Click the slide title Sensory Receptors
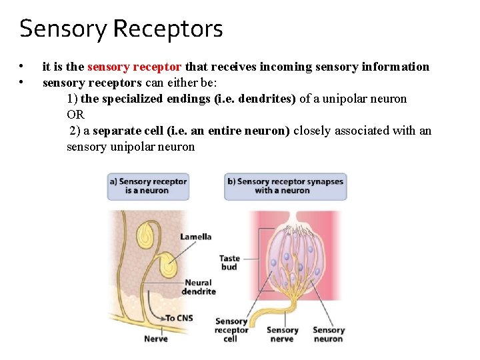[121, 29]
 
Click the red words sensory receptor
[134, 67]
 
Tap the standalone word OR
[75, 115]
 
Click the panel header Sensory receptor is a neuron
[147, 185]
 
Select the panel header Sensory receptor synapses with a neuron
[285, 185]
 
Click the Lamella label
[195, 236]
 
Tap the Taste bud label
[229, 263]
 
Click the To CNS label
[179, 318]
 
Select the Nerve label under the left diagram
[156, 339]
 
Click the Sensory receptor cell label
[231, 330]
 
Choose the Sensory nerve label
[282, 334]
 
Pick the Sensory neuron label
[328, 334]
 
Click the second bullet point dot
[22, 83]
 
